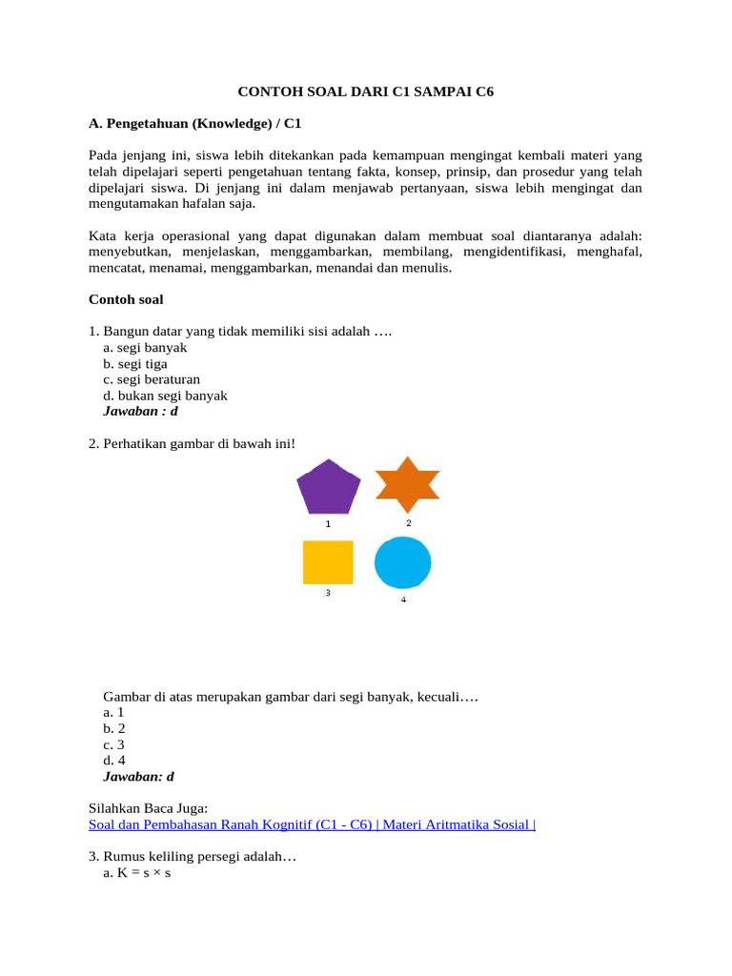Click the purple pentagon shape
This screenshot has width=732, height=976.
pos(329,488)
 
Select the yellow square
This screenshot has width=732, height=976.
pos(328,562)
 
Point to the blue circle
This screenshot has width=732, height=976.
pos(403,562)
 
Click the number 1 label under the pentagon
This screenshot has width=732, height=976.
pos(328,524)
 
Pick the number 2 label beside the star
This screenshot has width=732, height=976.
pos(409,523)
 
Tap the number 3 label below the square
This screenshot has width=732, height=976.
pos(328,593)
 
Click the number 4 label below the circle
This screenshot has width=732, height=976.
pos(403,600)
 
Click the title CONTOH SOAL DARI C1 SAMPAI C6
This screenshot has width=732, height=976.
pos(365,92)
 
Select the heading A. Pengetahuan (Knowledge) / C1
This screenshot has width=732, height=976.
pos(194,124)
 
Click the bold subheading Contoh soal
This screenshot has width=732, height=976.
pos(126,299)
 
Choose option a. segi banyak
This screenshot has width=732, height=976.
pos(145,348)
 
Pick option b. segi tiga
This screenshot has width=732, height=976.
pos(139,364)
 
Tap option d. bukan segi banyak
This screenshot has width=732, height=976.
pos(165,396)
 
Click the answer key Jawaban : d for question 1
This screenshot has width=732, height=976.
pos(140,412)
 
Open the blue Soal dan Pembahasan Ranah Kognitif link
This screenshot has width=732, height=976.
pos(312,824)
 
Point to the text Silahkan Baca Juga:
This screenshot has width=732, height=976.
pos(148,808)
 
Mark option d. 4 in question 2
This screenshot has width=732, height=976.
pos(114,761)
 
